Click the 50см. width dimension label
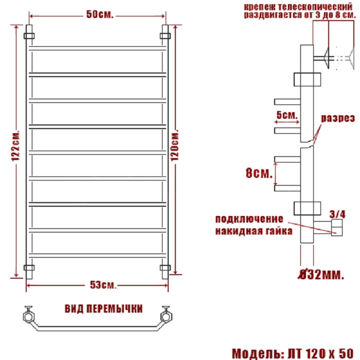pos(100,14)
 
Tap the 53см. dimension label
pos(103,285)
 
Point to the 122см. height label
pos(16,146)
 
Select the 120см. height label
pos(174,146)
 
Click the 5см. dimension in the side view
pos(287,115)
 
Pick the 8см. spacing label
pos(259,173)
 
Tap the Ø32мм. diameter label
pos(321,274)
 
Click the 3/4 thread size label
pos(337,214)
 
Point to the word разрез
pos(338,118)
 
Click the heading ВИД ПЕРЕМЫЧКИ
pos(103,309)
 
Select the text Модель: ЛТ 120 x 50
pos(293,353)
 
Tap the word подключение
pos(249,219)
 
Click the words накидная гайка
pos(254,231)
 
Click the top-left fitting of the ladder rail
pos(29,36)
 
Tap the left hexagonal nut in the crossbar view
pos(29,316)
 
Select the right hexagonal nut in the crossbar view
pos(166,316)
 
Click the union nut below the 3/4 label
pos(336,227)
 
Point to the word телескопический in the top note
pos(316,6)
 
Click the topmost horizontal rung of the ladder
pos(98,48)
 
